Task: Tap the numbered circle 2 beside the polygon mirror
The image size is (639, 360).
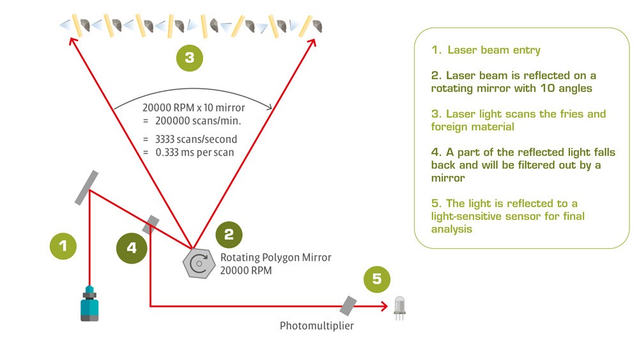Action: [229, 235]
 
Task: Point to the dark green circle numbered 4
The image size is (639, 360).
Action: [131, 248]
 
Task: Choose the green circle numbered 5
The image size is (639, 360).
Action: [376, 278]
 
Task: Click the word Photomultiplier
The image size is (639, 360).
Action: [316, 326]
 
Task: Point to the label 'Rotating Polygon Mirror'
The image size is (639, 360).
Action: [275, 258]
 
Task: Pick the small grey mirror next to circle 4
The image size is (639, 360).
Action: [151, 224]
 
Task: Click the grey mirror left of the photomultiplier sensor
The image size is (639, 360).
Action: [348, 305]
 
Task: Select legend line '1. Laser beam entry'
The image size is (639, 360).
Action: [486, 50]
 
